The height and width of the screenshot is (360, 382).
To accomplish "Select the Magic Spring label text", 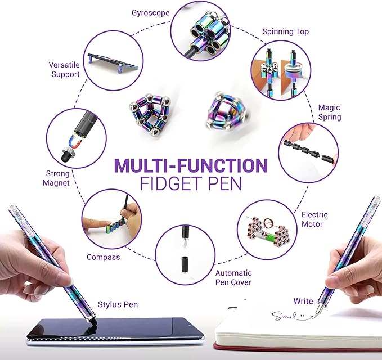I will [329, 112].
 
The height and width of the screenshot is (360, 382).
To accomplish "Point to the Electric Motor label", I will [314, 219].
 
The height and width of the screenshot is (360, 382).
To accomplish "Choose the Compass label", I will [103, 257].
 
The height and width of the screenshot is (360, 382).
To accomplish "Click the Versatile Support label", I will [64, 69].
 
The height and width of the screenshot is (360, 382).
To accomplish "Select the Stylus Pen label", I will [118, 304].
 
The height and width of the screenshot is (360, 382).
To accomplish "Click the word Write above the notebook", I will [303, 301].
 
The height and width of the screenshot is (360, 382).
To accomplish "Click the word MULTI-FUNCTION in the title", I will [191, 166].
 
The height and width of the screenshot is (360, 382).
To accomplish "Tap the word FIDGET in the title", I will [167, 184].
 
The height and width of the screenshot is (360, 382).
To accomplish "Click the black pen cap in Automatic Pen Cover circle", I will [185, 265].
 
